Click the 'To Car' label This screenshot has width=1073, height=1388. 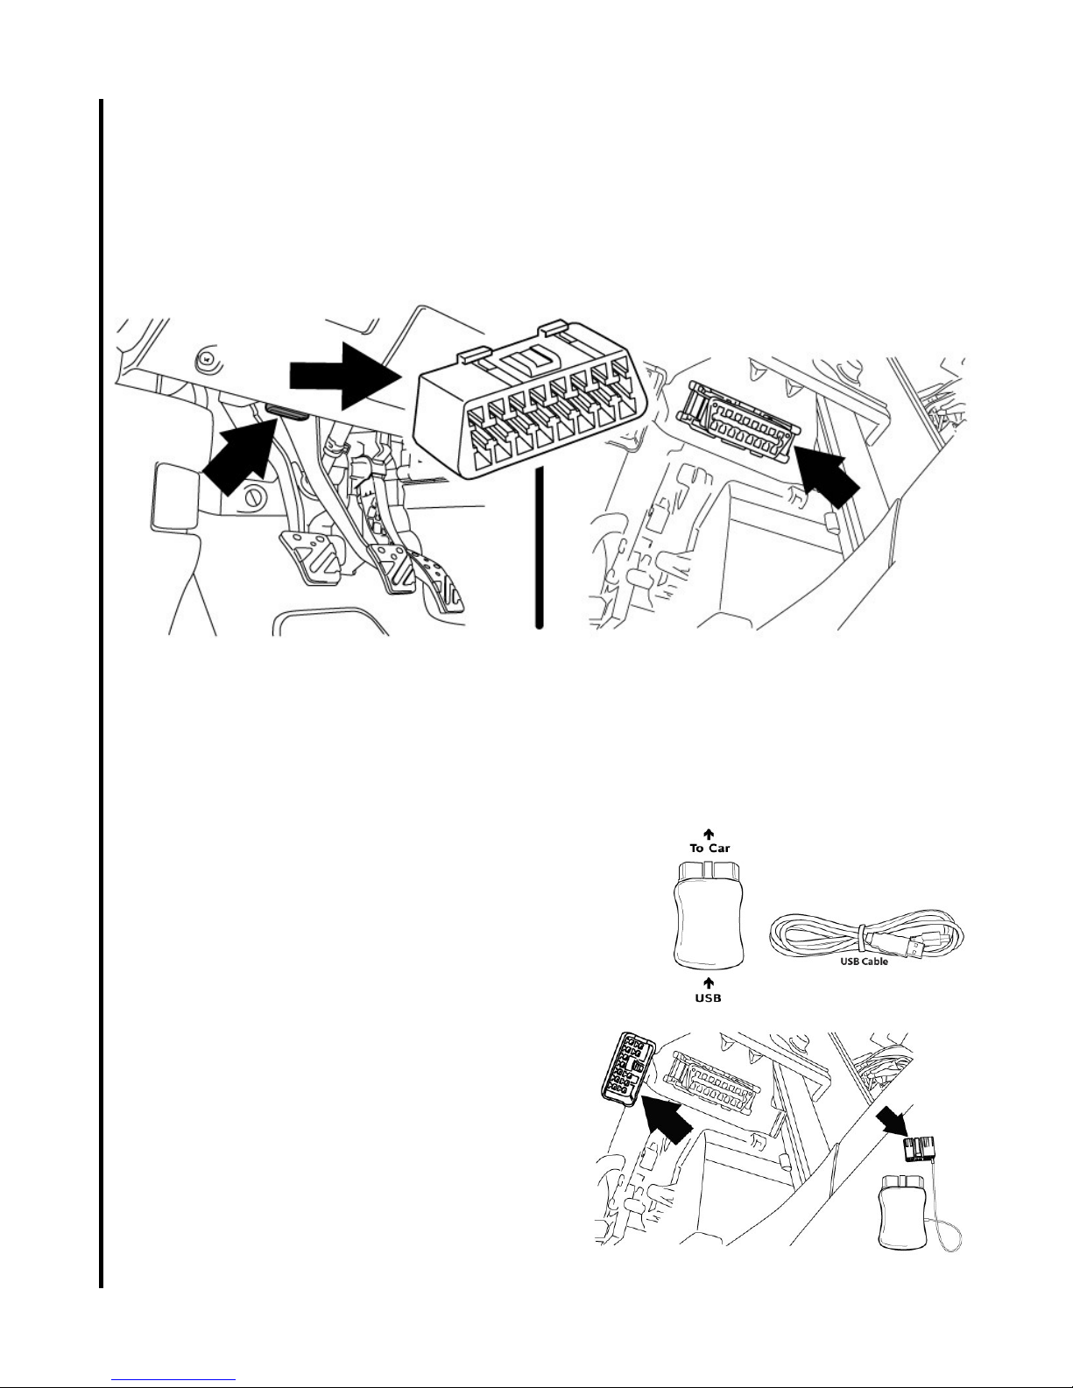(x=709, y=847)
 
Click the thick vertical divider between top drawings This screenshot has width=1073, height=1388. (x=540, y=546)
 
